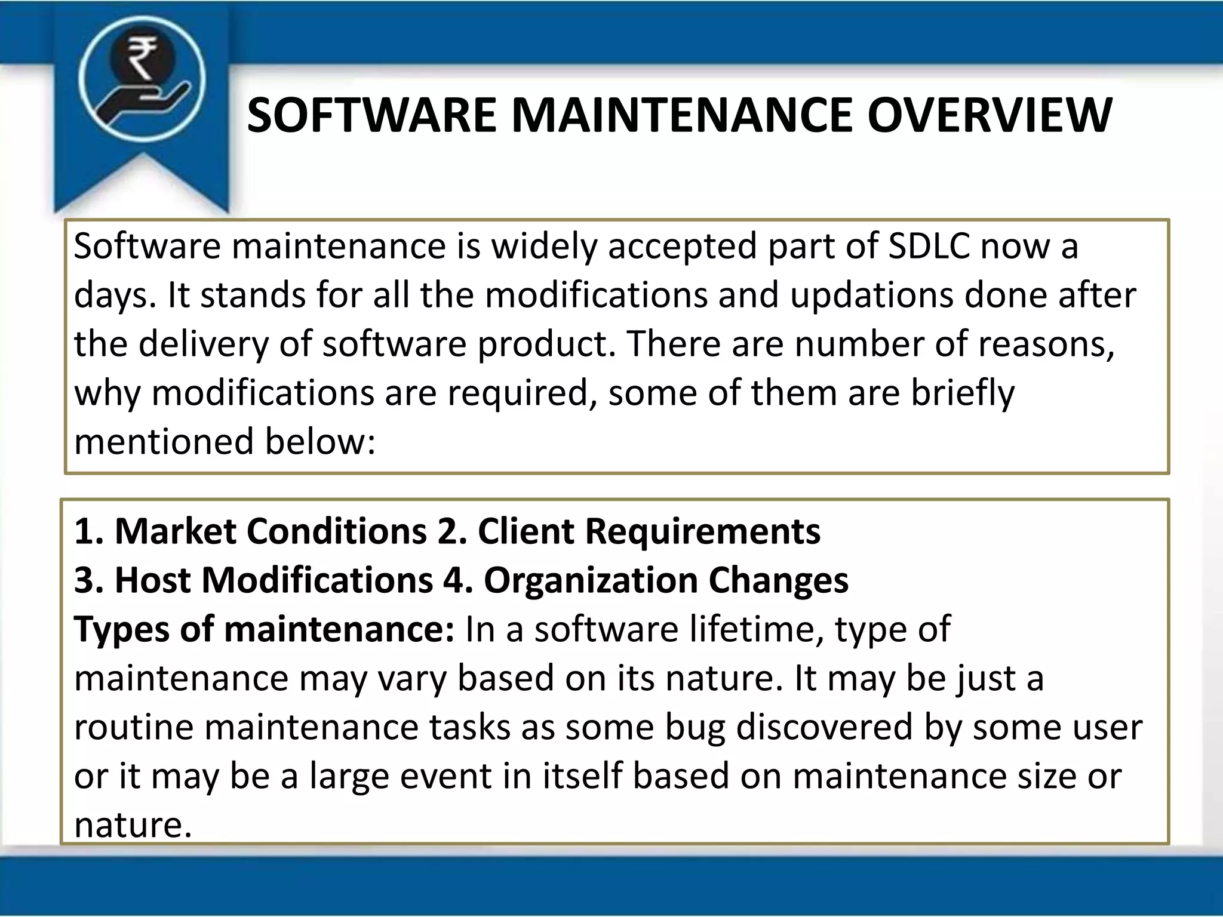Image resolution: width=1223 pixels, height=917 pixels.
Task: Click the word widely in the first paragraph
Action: click(x=543, y=247)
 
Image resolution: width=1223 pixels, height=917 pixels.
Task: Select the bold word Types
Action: click(x=122, y=630)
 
